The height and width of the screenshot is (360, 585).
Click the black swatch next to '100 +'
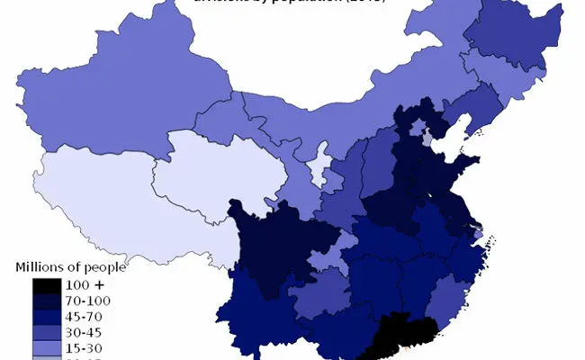[46, 285]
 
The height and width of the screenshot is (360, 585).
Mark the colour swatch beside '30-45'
[46, 331]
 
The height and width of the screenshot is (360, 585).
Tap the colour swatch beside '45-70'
[46, 316]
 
